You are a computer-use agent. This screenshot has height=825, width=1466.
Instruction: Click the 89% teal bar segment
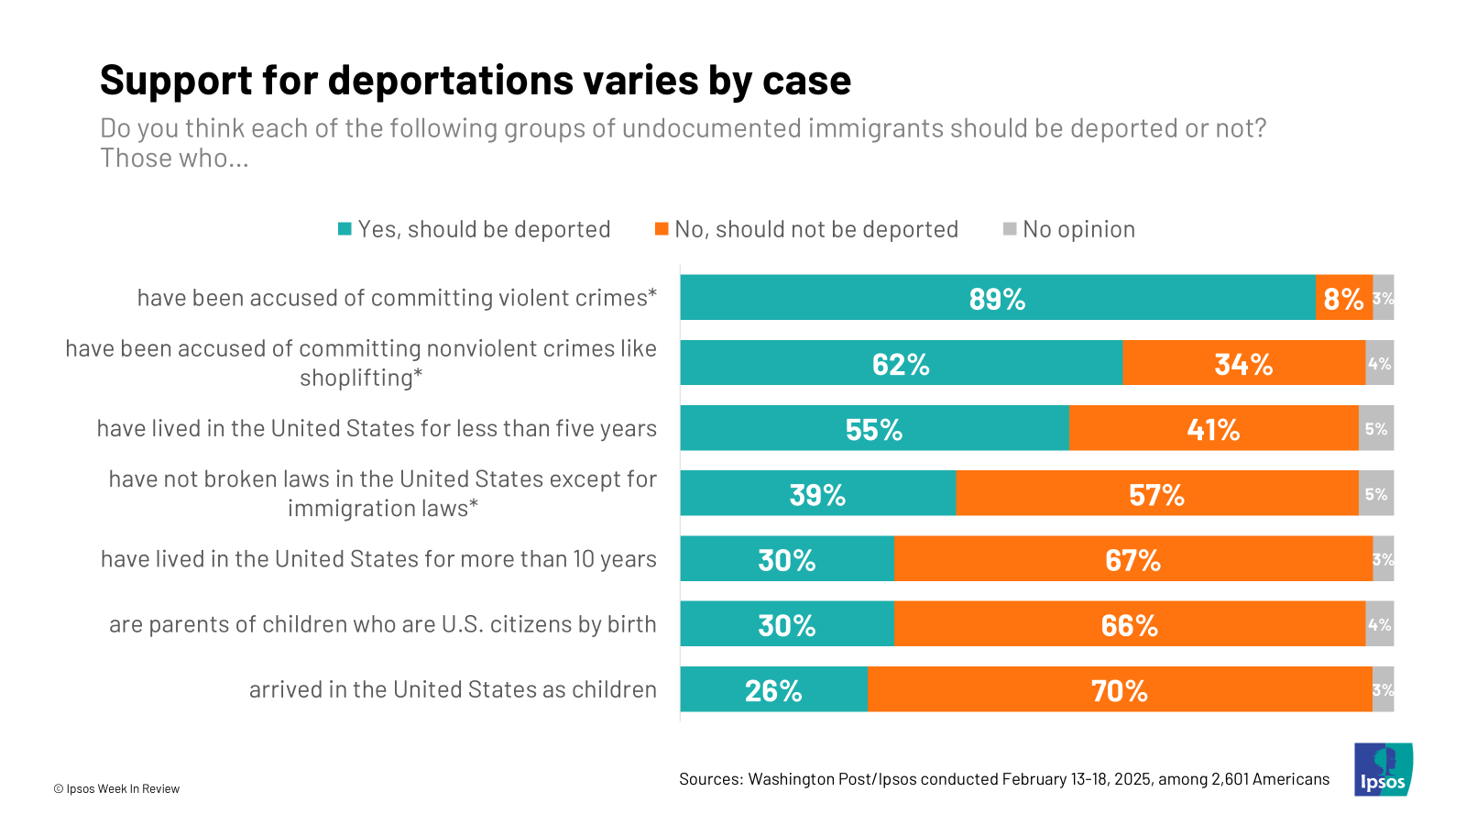click(x=997, y=298)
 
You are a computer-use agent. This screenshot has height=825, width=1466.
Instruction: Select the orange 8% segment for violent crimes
click(x=1343, y=298)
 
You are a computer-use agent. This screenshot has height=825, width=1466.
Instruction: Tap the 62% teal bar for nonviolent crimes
click(x=901, y=363)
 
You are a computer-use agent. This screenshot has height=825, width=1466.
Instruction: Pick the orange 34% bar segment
click(x=1243, y=363)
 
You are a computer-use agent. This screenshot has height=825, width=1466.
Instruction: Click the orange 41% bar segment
click(x=1213, y=428)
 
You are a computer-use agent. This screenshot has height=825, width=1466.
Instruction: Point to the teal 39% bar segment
click(x=817, y=493)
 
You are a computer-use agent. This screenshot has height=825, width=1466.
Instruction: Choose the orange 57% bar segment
click(x=1156, y=493)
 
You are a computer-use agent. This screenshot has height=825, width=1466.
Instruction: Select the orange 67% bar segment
click(x=1132, y=559)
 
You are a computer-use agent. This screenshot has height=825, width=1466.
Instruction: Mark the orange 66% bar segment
click(x=1129, y=624)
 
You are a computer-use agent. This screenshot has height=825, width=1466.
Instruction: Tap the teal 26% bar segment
click(x=773, y=689)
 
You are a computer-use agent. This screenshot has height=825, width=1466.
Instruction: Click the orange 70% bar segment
click(x=1119, y=689)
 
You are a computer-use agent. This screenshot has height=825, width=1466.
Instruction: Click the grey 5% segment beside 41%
click(x=1376, y=428)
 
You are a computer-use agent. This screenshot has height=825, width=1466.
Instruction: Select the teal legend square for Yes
click(x=345, y=229)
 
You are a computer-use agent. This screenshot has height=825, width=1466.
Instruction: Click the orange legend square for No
click(x=662, y=229)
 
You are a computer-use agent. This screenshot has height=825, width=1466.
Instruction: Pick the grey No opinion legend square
click(x=1010, y=229)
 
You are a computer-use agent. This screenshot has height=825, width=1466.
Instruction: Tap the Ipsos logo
click(x=1383, y=769)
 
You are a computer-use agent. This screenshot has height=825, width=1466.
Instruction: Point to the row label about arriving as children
click(x=453, y=689)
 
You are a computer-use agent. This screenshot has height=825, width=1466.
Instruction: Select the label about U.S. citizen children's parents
click(x=382, y=624)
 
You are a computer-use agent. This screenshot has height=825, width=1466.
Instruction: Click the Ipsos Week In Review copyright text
click(x=116, y=788)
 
